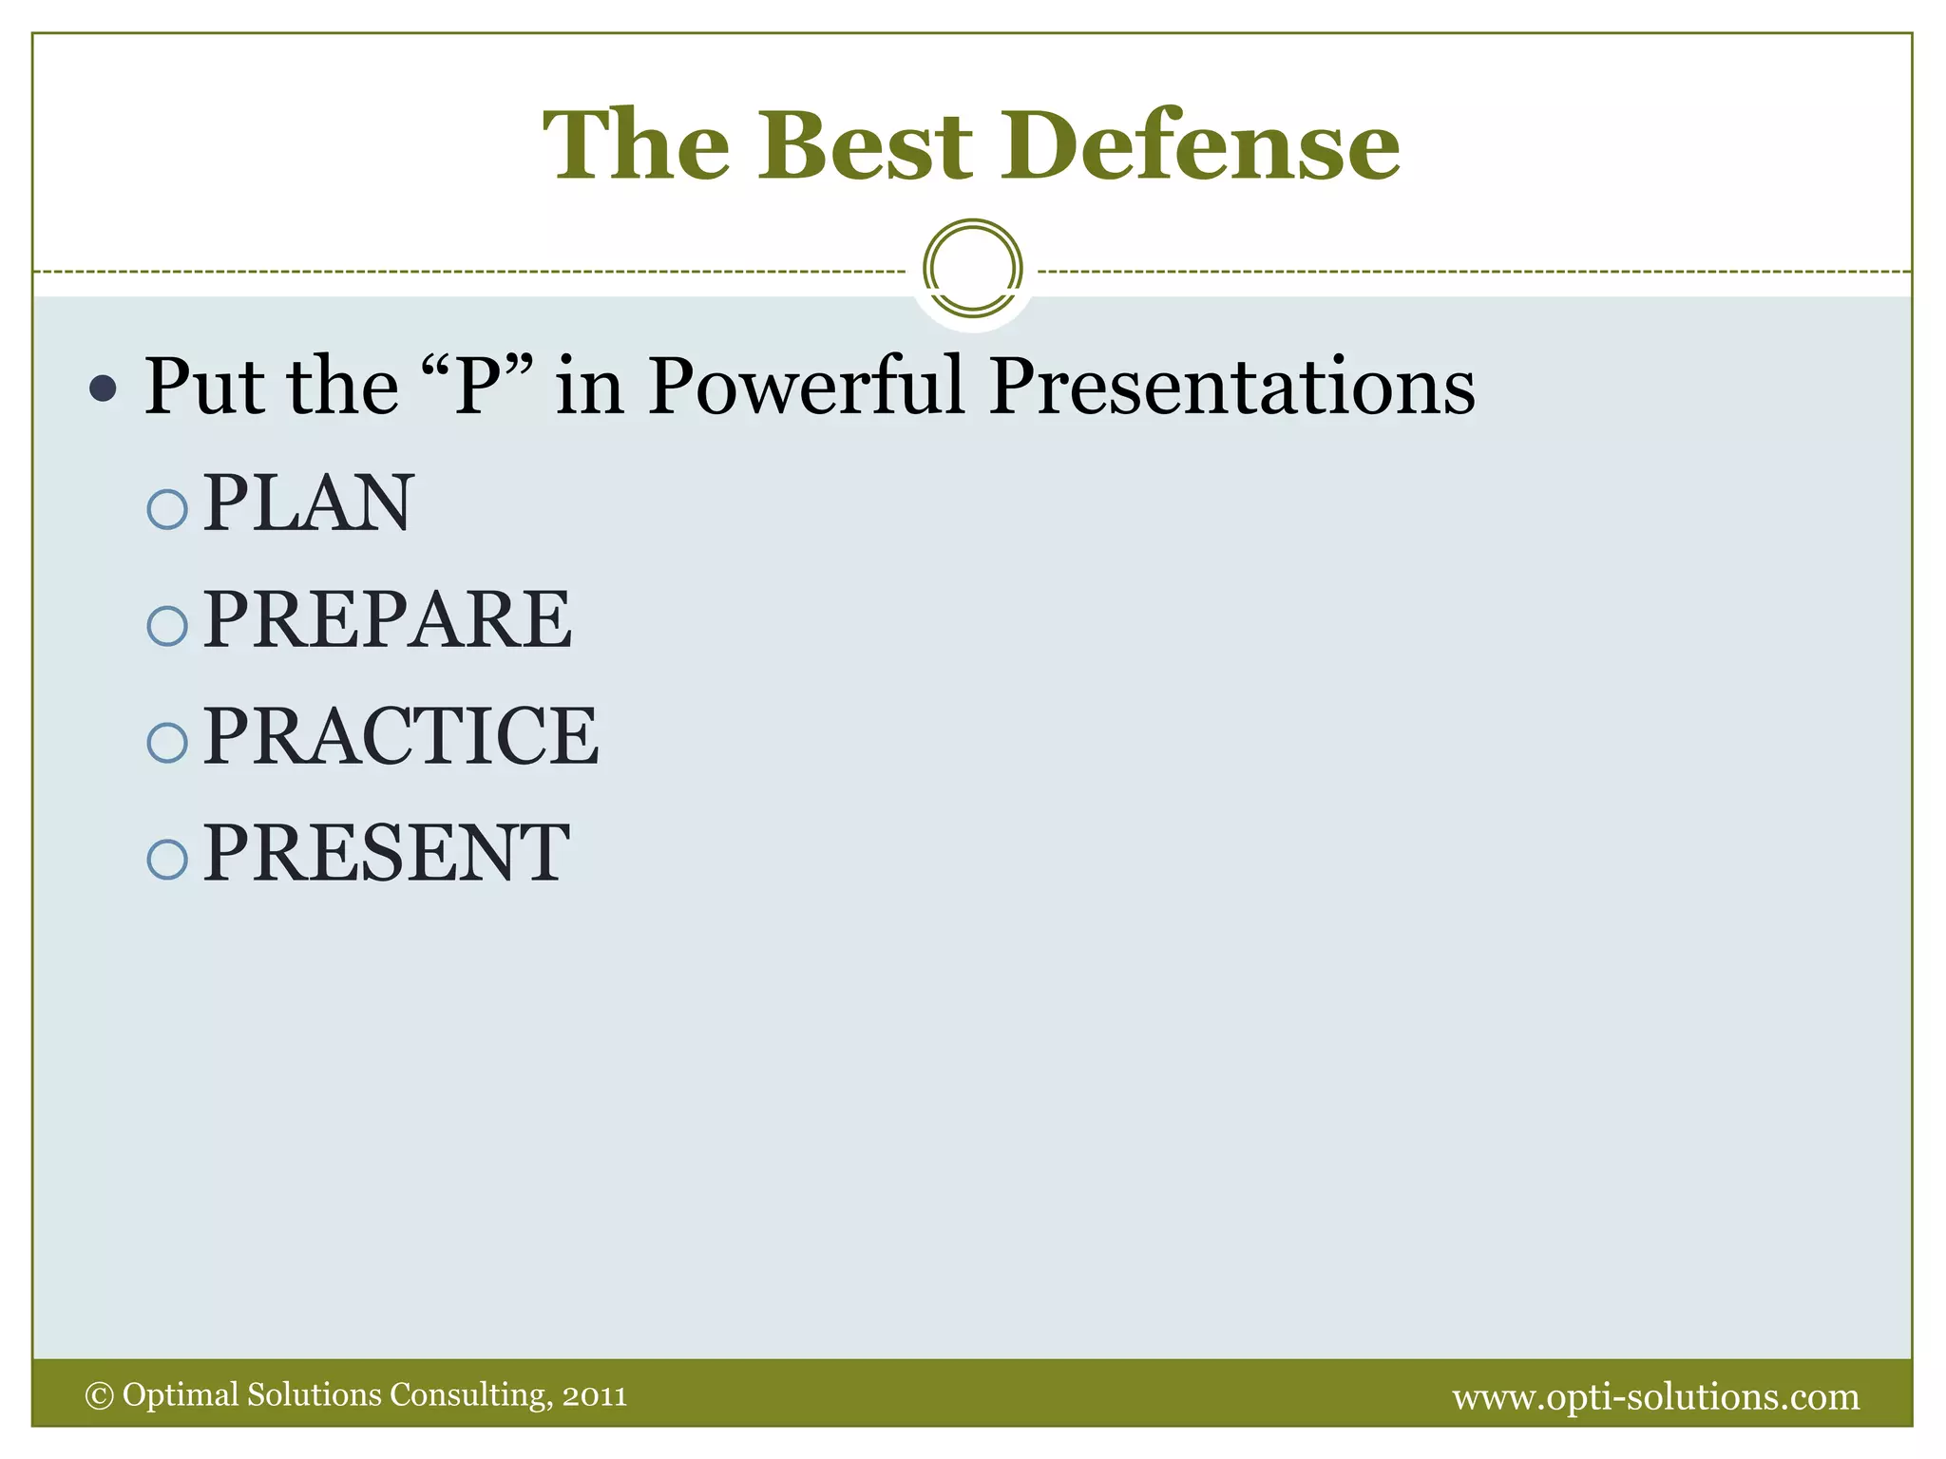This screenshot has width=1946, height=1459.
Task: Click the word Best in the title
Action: coord(865,145)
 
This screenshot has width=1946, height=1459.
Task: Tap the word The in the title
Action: coord(637,145)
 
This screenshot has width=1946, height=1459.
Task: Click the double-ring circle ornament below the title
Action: coord(972,269)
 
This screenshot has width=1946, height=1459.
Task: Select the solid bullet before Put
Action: coord(103,388)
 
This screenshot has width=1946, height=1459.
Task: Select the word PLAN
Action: coord(309,502)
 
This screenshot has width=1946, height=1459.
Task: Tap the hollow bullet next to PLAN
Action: coord(167,510)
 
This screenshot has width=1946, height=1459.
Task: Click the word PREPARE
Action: coord(388,619)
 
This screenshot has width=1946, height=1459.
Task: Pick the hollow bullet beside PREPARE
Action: coord(167,627)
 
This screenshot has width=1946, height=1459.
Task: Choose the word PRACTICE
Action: coord(401,736)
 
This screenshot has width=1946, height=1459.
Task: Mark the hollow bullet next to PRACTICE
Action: coord(167,743)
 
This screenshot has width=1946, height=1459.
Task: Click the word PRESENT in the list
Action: coord(387,853)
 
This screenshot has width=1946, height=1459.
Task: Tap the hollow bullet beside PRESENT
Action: coord(167,860)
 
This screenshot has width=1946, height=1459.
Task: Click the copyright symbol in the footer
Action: coord(99,1395)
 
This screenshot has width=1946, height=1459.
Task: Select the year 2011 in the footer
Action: coord(595,1396)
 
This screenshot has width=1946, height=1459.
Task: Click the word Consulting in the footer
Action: coord(469,1394)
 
